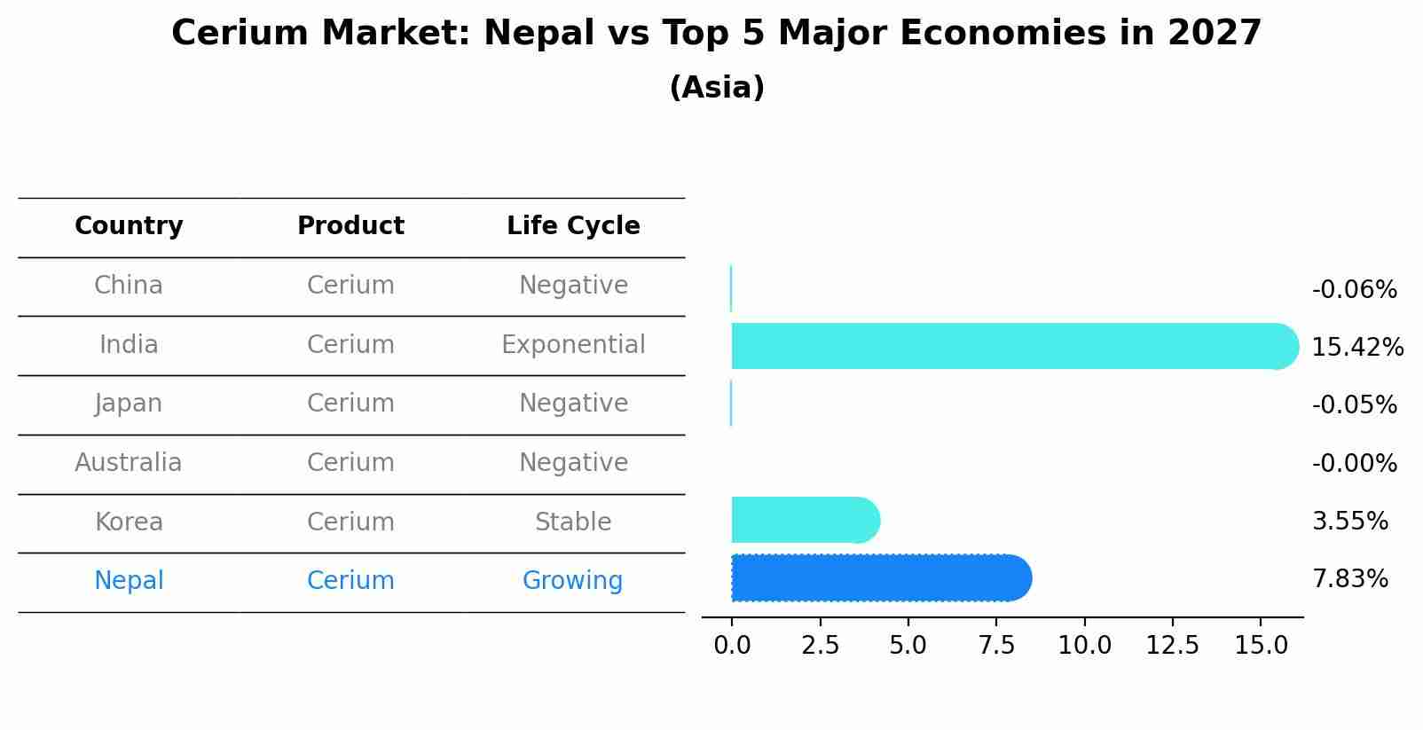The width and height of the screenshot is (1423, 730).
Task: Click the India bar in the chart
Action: [x=1011, y=346]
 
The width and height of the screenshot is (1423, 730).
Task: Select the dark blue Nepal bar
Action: [x=878, y=578]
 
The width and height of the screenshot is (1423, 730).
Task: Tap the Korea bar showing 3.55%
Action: [x=803, y=520]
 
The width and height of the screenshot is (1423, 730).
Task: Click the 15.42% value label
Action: [x=1356, y=348]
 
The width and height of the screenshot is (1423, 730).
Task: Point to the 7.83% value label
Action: [x=1349, y=579]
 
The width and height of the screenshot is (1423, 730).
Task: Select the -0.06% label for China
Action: [x=1354, y=290]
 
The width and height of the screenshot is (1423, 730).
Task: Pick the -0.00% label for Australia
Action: [x=1354, y=464]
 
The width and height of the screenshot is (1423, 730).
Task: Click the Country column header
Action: [x=129, y=226]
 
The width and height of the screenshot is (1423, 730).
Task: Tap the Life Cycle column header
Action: [x=573, y=226]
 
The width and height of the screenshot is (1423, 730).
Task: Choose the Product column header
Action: [x=350, y=226]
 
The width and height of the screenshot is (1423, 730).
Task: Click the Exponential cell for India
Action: [x=573, y=345]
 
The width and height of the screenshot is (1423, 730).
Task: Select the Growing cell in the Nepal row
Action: [x=572, y=581]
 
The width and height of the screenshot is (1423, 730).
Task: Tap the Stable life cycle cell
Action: [x=573, y=522]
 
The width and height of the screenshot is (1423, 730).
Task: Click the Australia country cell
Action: [x=129, y=463]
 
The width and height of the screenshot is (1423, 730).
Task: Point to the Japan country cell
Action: [x=129, y=404]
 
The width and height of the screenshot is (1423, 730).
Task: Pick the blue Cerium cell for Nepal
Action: [x=350, y=581]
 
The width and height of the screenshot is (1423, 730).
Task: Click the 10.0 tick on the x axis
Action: [x=1084, y=646]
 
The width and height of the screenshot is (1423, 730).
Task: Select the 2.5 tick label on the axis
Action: [x=820, y=646]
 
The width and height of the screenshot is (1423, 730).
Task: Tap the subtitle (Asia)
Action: [x=717, y=88]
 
